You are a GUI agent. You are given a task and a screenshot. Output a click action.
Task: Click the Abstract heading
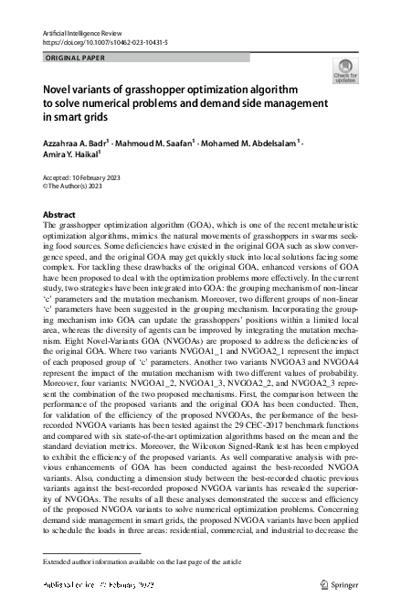coord(59,213)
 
